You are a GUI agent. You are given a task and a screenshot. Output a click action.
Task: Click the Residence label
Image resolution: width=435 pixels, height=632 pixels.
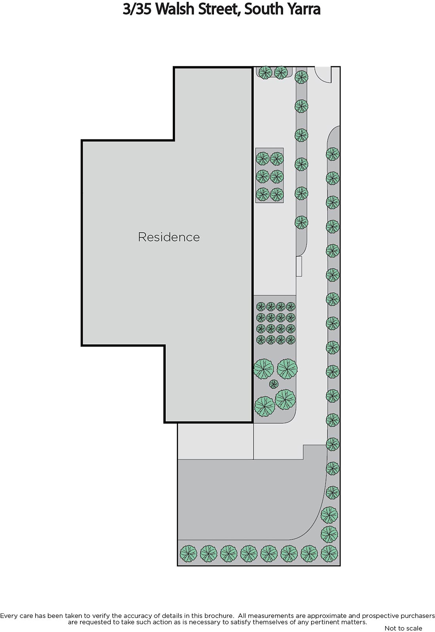click(x=169, y=237)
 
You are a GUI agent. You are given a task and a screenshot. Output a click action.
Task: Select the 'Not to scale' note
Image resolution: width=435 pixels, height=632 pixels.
click(x=403, y=628)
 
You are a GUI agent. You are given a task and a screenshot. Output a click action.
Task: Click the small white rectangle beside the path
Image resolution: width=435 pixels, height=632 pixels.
click(x=299, y=266)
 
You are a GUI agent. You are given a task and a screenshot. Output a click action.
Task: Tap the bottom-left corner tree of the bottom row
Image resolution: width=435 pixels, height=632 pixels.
click(x=188, y=553)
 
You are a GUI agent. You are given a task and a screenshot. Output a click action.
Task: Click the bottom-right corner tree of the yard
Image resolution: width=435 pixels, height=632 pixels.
click(x=329, y=553)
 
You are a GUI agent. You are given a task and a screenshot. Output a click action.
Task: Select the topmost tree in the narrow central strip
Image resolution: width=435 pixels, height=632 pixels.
click(x=301, y=77)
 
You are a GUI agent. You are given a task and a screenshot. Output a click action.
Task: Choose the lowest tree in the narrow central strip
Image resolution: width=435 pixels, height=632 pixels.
click(x=301, y=222)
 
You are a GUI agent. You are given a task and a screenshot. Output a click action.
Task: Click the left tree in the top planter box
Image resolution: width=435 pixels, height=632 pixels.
click(x=265, y=73)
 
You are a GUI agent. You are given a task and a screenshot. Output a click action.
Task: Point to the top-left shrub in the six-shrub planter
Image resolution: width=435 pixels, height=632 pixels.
click(x=263, y=159)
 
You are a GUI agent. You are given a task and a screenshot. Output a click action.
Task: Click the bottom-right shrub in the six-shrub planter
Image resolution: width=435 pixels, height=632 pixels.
click(x=277, y=194)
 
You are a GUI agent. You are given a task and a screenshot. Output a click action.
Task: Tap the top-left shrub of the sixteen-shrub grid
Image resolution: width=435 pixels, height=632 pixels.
click(x=261, y=307)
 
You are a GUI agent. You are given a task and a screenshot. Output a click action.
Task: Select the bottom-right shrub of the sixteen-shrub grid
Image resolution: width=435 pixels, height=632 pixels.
click(x=291, y=339)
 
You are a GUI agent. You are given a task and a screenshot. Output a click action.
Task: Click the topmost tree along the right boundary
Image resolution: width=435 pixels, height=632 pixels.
click(x=333, y=154)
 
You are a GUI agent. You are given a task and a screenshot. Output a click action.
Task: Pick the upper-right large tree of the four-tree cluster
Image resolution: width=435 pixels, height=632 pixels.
click(x=287, y=369)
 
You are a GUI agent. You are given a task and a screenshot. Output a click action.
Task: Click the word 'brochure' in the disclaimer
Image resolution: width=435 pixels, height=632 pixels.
click(x=217, y=615)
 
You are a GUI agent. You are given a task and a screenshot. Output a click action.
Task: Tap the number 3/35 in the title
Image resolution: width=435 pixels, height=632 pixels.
click(x=136, y=9)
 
